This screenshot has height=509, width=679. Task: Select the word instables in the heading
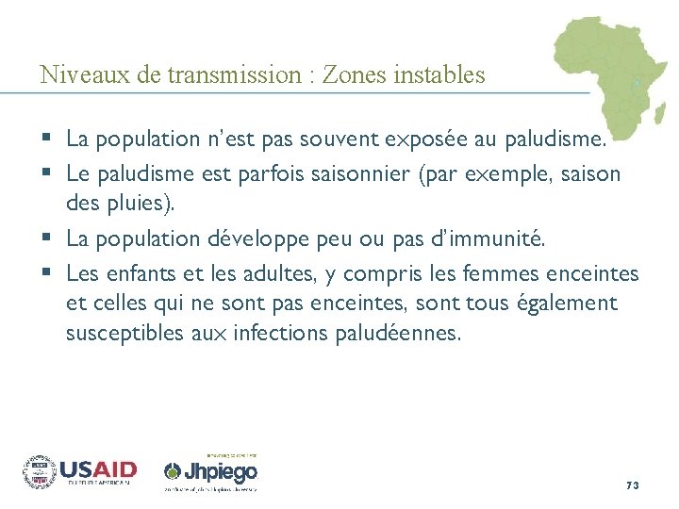[x=440, y=74]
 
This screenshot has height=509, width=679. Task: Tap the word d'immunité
[x=490, y=239]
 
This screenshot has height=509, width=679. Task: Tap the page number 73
[x=632, y=484]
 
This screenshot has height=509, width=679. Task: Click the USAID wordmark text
[x=98, y=468]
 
